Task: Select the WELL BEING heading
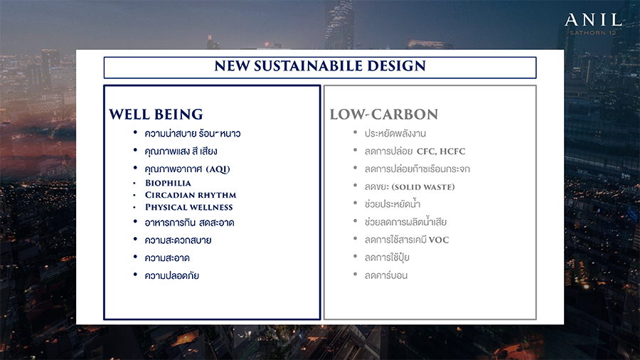[x=156, y=115]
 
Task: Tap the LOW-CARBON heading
[x=384, y=115]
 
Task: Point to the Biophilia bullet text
[x=168, y=183]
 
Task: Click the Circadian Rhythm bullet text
[x=190, y=195]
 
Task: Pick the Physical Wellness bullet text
[x=188, y=207]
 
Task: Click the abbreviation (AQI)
[x=218, y=169]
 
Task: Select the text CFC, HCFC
[x=441, y=152]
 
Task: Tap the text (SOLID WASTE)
[x=423, y=187]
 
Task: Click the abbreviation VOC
[x=439, y=240]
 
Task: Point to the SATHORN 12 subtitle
[x=592, y=33]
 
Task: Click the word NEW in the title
[x=232, y=66]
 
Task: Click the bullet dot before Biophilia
[x=134, y=184]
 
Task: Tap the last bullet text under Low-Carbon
[x=385, y=275]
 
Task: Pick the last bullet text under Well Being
[x=171, y=275]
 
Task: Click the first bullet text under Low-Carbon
[x=395, y=134]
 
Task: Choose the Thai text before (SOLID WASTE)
[x=377, y=187]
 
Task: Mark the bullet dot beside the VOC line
[x=356, y=239]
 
